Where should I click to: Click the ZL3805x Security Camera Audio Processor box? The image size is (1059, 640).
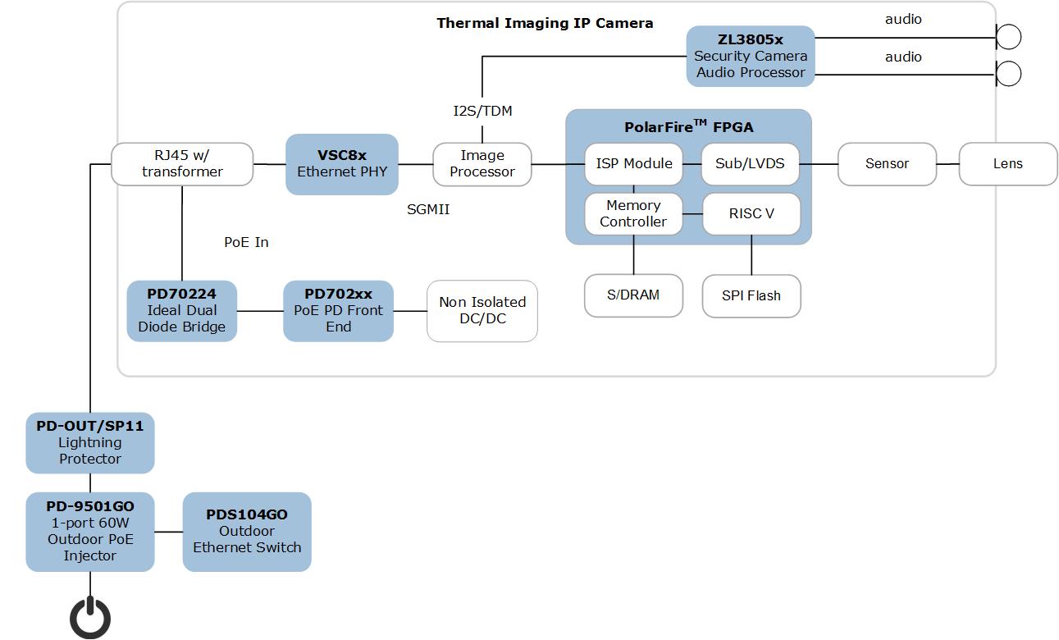coord(750,56)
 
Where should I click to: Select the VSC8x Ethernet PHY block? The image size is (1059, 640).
coord(342,164)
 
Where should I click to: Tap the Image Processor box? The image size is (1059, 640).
coord(482,164)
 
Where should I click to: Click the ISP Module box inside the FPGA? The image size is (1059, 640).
coord(633,164)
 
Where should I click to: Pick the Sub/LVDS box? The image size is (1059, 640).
coord(750,164)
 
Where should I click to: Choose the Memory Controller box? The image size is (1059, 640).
coord(633,213)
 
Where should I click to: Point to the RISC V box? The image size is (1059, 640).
coord(751,213)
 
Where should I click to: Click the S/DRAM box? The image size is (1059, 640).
coord(633,295)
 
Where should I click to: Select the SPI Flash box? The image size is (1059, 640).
coord(751,295)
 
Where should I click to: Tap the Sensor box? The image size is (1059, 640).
coord(887,164)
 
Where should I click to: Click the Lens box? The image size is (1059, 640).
coord(1007,164)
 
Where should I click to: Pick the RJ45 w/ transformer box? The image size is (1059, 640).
coord(182,164)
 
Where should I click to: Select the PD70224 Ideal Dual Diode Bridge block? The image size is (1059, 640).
coord(182,311)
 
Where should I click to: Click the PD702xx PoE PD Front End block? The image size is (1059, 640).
coord(338,311)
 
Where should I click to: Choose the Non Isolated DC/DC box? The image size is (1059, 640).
coord(482,311)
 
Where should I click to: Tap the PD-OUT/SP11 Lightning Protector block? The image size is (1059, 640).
coord(90,443)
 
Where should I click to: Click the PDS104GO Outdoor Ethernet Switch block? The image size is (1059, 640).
coord(247,532)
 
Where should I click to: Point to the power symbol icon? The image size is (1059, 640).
coord(90,617)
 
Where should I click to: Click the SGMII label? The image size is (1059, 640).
coord(428,210)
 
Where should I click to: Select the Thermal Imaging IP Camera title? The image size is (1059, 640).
coord(545,23)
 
